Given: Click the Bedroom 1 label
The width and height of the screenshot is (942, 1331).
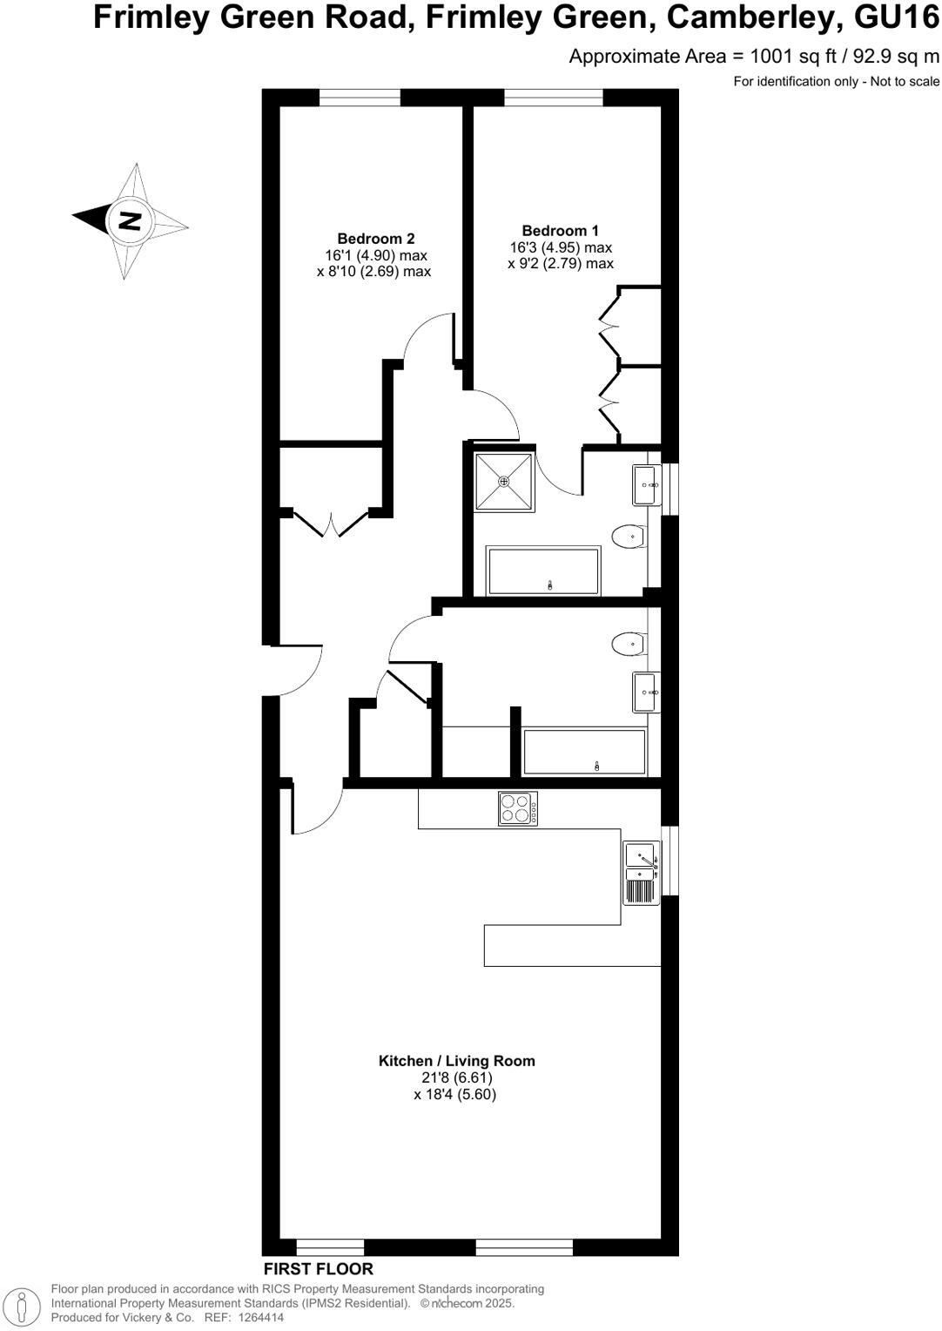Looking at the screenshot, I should click(560, 231).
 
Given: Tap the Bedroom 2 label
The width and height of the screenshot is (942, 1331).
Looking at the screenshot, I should click(375, 239).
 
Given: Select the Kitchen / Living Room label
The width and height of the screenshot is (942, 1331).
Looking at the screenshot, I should click(456, 1061).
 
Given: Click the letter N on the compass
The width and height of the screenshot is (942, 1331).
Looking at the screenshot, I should click(130, 220).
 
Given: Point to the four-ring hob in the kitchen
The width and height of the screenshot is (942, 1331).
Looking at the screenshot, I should click(518, 808).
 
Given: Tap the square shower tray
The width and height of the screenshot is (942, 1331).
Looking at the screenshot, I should click(504, 482).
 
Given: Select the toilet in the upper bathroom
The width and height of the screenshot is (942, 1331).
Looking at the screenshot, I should click(629, 537).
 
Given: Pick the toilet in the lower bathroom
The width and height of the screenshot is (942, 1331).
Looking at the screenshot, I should click(629, 645).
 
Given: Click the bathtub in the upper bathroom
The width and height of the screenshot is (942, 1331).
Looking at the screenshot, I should click(544, 571).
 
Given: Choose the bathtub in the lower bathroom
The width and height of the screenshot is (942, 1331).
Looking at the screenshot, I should click(584, 752).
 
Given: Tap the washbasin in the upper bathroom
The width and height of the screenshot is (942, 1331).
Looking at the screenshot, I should click(646, 484).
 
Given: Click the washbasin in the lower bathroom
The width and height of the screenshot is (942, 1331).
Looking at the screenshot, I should click(646, 693).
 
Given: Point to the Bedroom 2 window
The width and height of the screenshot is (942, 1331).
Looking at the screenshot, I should click(360, 97).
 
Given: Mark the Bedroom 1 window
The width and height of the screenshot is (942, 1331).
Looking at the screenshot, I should click(553, 97).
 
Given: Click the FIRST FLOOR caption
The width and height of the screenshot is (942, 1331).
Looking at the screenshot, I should click(319, 1269).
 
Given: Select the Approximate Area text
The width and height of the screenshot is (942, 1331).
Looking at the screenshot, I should click(754, 57).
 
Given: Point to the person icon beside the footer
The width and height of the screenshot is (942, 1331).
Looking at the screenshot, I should click(24, 1305).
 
